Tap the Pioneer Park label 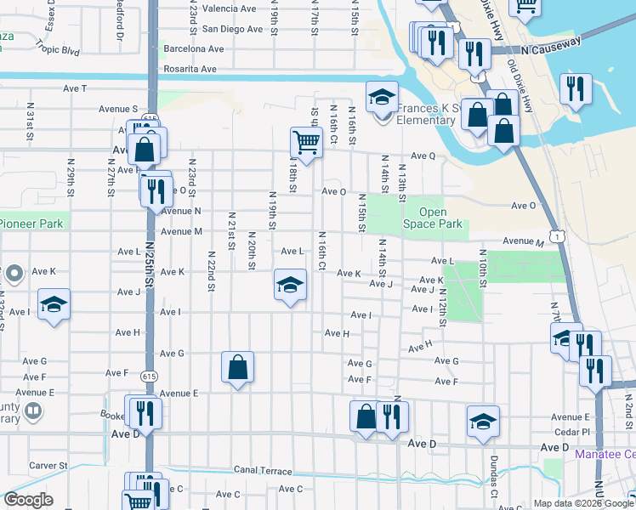pyautogui.click(x=32, y=224)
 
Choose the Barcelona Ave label pyautogui.click(x=194, y=49)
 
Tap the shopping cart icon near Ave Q pyautogui.click(x=306, y=141)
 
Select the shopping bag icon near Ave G pyautogui.click(x=238, y=366)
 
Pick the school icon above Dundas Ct pyautogui.click(x=483, y=421)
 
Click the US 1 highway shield pyautogui.click(x=557, y=232)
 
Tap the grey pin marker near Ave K pyautogui.click(x=14, y=275)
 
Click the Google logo pyautogui.click(x=28, y=500)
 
